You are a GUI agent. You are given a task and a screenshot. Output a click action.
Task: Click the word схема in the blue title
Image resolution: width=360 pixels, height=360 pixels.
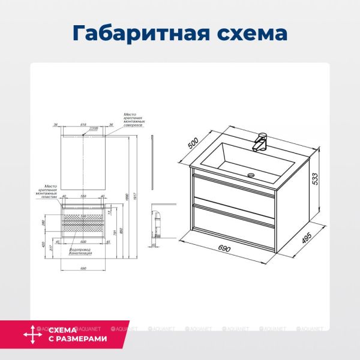point(246,31)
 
